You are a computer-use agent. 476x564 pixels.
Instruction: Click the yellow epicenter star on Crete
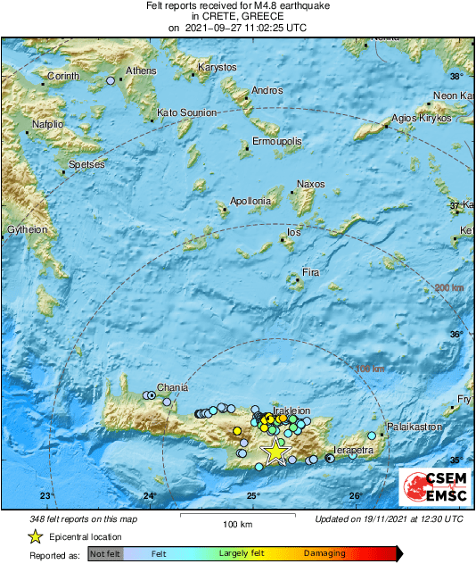click(275, 452)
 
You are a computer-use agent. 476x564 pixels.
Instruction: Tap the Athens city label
click(141, 70)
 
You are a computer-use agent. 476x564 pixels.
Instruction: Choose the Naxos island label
click(310, 184)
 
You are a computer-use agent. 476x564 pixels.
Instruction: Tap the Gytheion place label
click(26, 229)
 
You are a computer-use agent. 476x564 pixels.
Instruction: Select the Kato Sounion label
click(186, 113)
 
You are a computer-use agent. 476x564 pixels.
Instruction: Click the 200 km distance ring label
click(448, 287)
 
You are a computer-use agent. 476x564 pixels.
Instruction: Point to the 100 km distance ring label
click(370, 369)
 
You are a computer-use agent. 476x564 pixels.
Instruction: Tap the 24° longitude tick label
click(149, 496)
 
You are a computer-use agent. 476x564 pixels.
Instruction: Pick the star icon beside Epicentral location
click(35, 536)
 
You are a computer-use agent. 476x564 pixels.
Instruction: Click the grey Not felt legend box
click(105, 554)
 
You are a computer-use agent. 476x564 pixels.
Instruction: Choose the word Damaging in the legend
click(324, 554)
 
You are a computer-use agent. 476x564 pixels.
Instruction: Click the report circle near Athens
click(111, 81)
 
